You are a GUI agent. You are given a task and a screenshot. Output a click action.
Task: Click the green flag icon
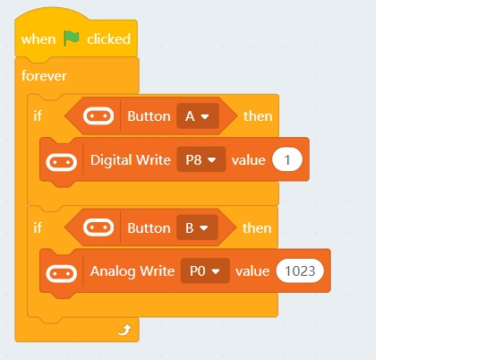tap(72, 39)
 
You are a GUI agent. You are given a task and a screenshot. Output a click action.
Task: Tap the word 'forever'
tap(44, 76)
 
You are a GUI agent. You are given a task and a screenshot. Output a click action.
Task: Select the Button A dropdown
tap(198, 116)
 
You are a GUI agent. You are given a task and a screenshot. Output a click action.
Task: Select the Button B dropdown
tap(197, 227)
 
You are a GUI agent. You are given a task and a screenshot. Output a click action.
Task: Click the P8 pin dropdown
tap(201, 159)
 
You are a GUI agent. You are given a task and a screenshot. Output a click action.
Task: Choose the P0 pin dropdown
tap(205, 271)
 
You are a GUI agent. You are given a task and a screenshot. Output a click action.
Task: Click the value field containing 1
tap(287, 159)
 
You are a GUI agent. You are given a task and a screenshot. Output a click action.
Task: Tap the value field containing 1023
tap(300, 271)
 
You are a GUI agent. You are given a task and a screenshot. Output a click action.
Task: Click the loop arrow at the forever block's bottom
tap(125, 330)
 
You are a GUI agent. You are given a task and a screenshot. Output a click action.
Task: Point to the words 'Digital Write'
tap(131, 160)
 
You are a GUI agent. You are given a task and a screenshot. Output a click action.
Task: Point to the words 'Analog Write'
tap(132, 271)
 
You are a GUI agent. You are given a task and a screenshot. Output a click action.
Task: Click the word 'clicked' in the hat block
tap(108, 39)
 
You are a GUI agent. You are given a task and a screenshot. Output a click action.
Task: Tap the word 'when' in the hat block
tap(38, 39)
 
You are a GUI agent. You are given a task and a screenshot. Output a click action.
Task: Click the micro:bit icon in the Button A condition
tap(98, 116)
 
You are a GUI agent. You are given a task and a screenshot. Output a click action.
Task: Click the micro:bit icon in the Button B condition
tap(98, 227)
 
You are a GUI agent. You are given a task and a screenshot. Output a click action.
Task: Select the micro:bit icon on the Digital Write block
tap(62, 162)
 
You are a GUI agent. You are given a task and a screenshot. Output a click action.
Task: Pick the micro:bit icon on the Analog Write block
tap(62, 273)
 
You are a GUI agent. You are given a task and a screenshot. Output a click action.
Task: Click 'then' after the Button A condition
tap(258, 116)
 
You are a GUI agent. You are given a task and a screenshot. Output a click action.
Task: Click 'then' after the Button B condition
tap(257, 227)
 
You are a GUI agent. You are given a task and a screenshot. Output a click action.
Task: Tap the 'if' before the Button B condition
tap(38, 227)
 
